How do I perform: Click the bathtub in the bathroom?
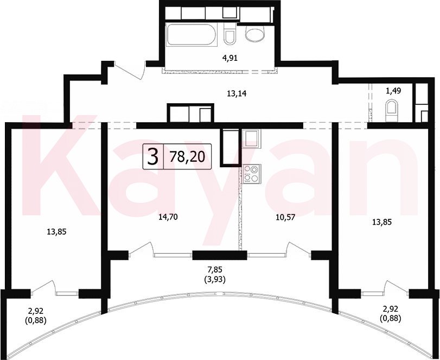coord(192,35)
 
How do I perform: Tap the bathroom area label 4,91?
coord(230,58)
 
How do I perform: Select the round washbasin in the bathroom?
coord(255,34)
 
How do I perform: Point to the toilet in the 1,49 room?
coord(392,111)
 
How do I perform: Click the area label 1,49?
coord(393,91)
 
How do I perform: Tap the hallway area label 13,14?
coord(236,94)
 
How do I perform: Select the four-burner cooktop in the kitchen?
coord(251,174)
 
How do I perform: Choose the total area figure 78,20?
coord(187,157)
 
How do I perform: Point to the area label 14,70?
coord(168,217)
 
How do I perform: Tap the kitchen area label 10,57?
coord(285,217)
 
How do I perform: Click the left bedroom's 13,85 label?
coord(56,232)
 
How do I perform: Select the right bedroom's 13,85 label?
coord(381,223)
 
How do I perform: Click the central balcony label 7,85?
coord(215,270)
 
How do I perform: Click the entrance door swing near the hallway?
coord(129,70)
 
